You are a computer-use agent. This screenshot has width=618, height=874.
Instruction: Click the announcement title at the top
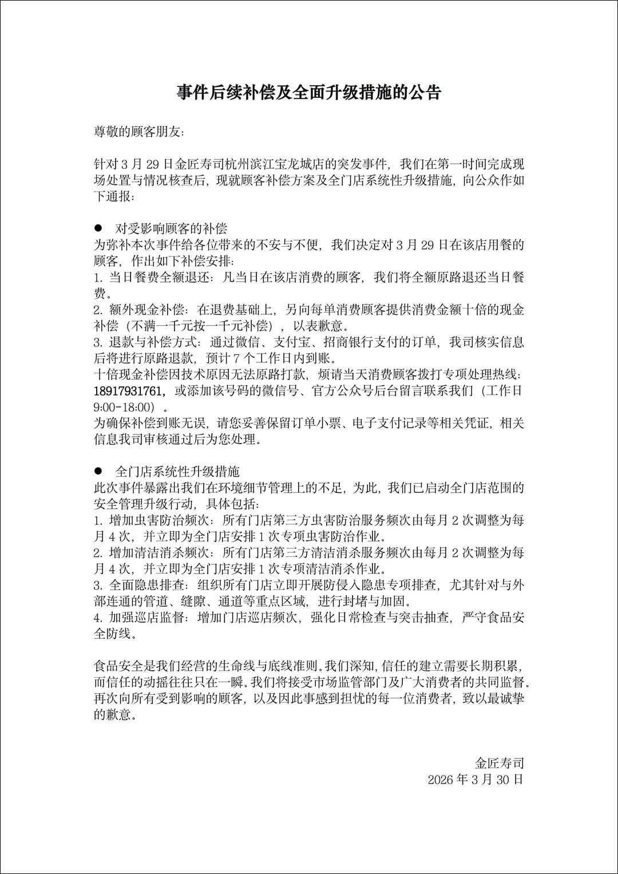309,93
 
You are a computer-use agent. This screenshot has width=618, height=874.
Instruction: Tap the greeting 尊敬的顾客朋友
139,132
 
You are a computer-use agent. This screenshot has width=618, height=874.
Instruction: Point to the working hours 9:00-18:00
125,408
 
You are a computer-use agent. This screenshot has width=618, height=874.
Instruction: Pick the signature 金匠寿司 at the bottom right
499,763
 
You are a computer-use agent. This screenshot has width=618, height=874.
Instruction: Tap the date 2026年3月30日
475,780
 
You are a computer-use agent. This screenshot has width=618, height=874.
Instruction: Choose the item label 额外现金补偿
147,310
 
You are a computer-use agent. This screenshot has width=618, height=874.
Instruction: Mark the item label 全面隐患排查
147,586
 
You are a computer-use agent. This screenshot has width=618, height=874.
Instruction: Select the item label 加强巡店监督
147,618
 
